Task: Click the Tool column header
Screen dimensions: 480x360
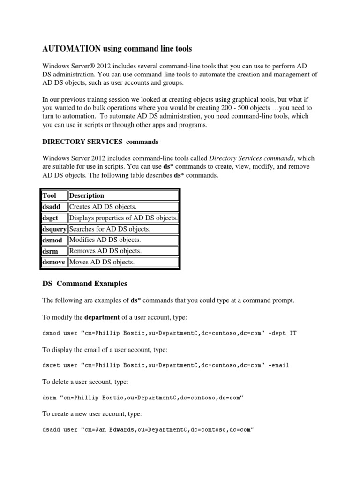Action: coord(49,195)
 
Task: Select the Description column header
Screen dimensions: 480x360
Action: coord(87,195)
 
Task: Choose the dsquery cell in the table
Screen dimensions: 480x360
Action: coord(54,229)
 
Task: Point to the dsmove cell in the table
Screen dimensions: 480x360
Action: coord(54,262)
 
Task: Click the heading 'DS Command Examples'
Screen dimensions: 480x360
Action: coord(85,284)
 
